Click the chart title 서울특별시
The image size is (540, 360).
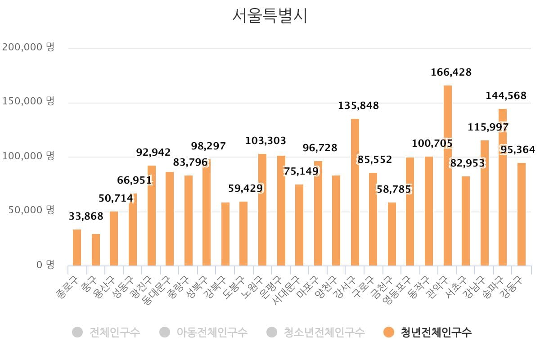pos(270,16)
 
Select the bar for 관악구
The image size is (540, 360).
pos(447,175)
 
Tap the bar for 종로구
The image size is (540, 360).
pos(77,247)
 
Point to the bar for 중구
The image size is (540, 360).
pos(96,250)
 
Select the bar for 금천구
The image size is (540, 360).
pos(392,234)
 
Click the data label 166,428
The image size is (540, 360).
pos(451,72)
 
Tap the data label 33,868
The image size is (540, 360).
pos(86,216)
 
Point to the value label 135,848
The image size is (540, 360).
pos(359,106)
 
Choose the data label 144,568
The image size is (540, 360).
pos(506,96)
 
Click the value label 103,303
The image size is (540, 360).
pos(265,141)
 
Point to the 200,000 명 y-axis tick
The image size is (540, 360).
pos(28,47)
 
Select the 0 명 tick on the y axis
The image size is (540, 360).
pos(45,265)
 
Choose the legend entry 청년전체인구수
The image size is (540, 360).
pos(436,333)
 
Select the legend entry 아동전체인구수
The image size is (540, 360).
pos(211,333)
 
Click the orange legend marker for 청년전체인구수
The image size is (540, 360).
pos(389,333)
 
